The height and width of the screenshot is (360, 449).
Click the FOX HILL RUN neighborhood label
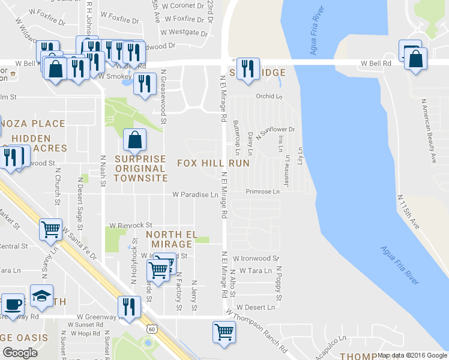(x=213, y=163)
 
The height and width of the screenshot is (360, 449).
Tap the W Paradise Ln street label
(x=195, y=194)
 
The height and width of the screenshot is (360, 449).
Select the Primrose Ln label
(x=263, y=192)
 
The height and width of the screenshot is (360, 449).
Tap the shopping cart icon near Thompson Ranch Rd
(x=224, y=331)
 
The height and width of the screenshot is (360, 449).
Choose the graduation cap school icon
(x=41, y=295)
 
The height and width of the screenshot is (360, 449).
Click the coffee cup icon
(x=12, y=304)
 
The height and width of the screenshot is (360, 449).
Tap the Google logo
(x=20, y=353)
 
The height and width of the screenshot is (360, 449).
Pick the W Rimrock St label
(x=130, y=225)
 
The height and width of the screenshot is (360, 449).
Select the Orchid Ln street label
(x=268, y=96)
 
